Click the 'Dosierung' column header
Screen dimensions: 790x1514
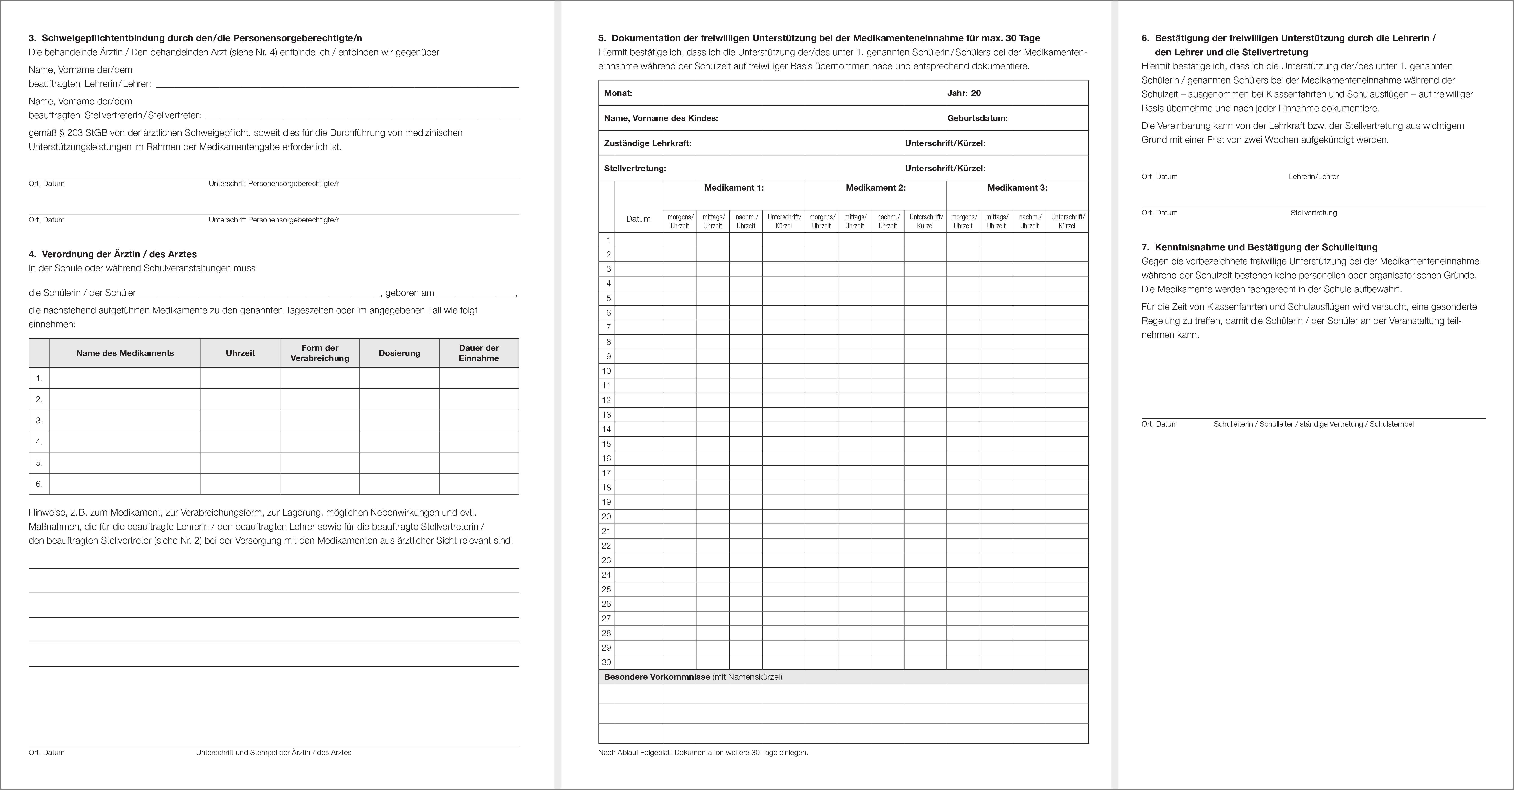[399, 353]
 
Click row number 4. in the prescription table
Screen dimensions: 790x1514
[39, 442]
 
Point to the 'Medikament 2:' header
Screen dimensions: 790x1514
[875, 188]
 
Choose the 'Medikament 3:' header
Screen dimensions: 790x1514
[1017, 188]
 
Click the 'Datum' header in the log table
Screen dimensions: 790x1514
[638, 219]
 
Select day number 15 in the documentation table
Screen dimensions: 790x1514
[606, 444]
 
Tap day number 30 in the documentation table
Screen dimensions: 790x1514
[606, 662]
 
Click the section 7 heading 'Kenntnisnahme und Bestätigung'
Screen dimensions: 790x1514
[1265, 247]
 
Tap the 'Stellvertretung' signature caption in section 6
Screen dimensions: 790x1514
[1313, 213]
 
